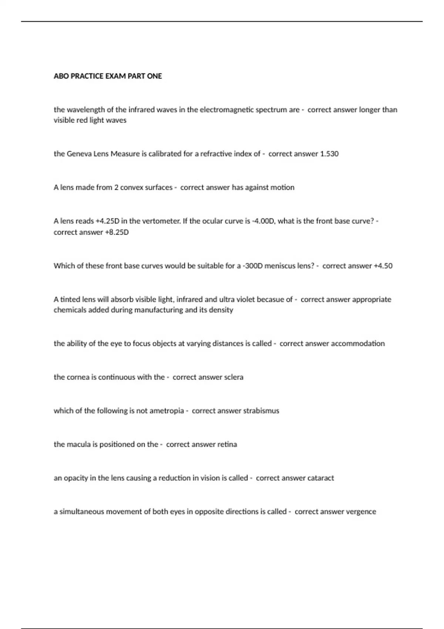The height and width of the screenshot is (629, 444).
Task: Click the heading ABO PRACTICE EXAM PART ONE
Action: (108, 76)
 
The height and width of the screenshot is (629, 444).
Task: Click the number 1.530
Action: (329, 154)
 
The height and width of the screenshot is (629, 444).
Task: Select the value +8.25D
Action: (117, 232)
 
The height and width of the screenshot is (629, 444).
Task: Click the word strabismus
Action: (261, 411)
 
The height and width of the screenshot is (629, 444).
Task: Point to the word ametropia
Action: (166, 411)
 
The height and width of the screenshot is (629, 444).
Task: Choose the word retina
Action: (227, 444)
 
